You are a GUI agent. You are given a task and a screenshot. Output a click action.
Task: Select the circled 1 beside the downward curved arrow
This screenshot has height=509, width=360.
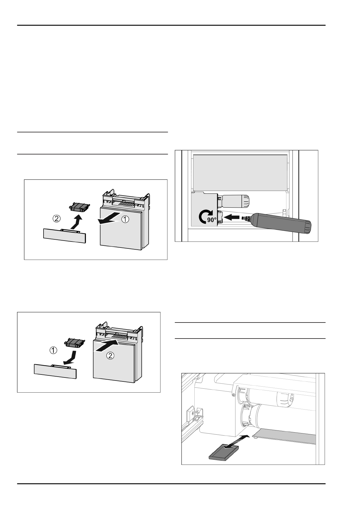tap(53, 350)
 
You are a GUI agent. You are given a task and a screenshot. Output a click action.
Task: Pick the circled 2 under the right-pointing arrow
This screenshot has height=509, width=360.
tap(110, 356)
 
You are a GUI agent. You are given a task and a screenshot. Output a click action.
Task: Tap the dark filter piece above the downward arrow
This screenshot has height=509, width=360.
tap(74, 342)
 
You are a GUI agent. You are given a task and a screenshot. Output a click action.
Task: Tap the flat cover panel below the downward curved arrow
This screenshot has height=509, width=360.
tap(55, 371)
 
